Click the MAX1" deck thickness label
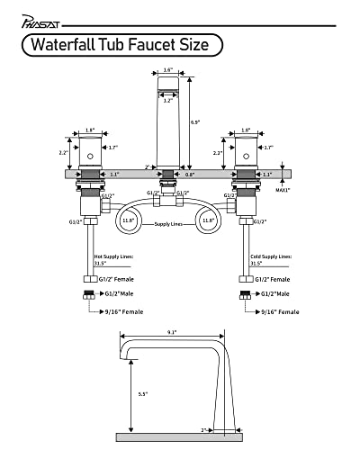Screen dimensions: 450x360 [x=283, y=190]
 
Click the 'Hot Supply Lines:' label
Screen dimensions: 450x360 [x=114, y=256]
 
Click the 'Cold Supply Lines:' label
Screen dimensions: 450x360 [x=270, y=256]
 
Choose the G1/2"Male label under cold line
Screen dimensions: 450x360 [x=272, y=293]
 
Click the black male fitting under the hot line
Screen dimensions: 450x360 [x=90, y=293]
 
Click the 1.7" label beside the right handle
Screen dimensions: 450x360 [x=267, y=146]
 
